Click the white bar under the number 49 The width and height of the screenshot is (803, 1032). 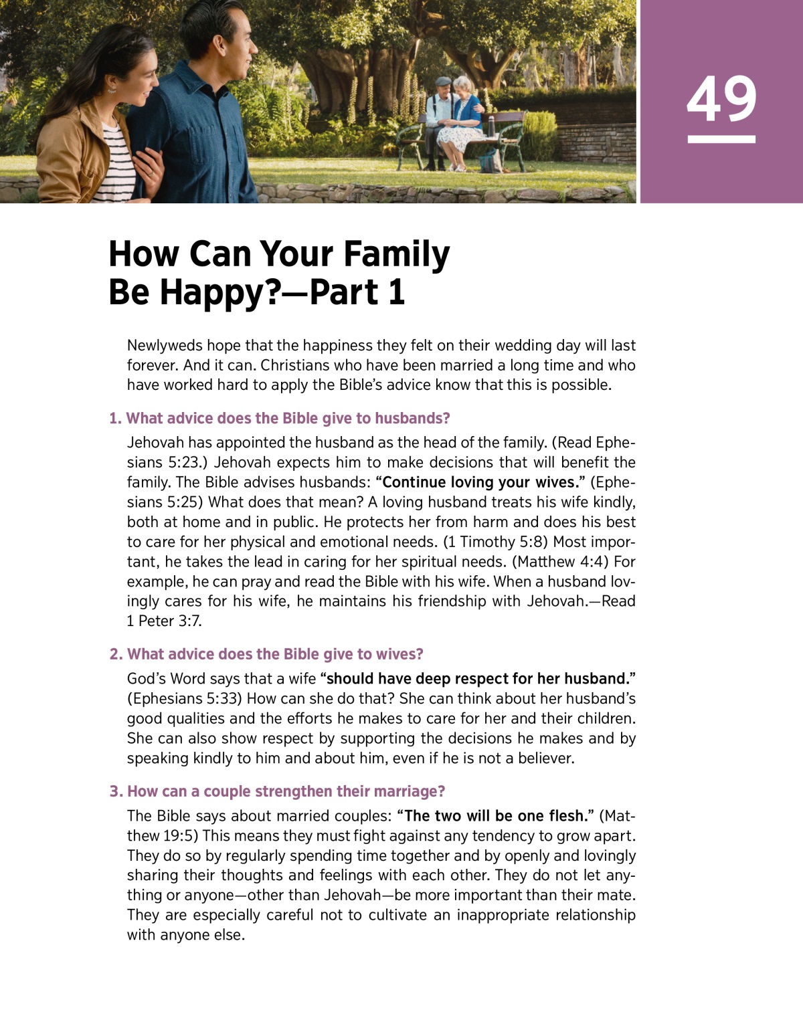(721, 139)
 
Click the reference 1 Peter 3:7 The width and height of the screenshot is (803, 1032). (164, 621)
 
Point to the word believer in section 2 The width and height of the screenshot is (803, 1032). (545, 758)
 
